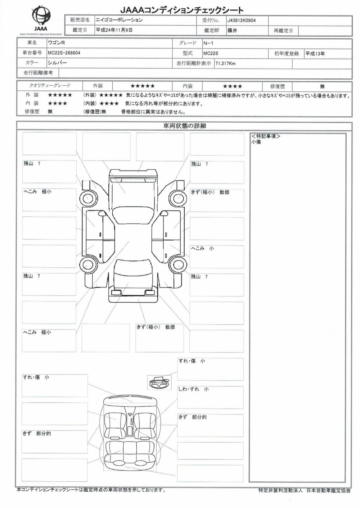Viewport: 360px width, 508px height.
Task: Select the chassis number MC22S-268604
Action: (x=64, y=53)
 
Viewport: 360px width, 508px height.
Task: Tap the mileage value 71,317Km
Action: (x=225, y=64)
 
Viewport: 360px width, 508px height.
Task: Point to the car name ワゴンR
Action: (x=57, y=43)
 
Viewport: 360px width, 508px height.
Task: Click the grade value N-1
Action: (x=208, y=43)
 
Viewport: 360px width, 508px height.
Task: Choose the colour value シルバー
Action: (x=57, y=63)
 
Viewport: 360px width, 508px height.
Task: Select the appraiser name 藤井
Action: (x=232, y=31)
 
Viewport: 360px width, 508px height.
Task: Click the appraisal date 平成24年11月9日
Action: (x=114, y=30)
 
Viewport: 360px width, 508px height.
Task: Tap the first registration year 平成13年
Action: (x=315, y=54)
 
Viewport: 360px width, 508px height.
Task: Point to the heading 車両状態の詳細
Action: (x=184, y=126)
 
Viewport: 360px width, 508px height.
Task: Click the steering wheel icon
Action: (x=159, y=382)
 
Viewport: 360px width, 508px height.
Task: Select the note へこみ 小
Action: (x=202, y=249)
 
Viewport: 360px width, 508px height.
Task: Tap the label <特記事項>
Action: (x=266, y=136)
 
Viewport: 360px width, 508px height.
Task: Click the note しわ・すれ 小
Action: (x=193, y=389)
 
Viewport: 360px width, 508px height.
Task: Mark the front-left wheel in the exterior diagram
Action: (x=88, y=198)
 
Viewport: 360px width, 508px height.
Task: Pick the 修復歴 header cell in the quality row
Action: (x=277, y=86)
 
